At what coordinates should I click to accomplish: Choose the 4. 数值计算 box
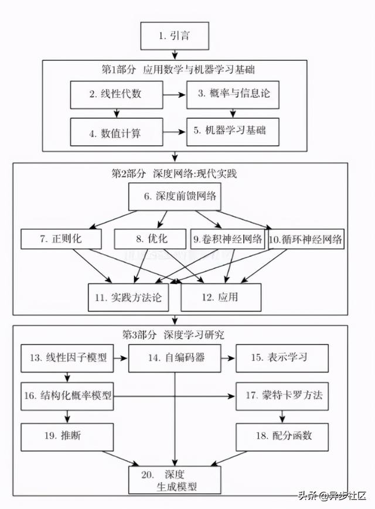coord(116,132)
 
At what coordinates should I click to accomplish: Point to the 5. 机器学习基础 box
coord(234,131)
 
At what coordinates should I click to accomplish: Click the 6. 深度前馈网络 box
coord(175,197)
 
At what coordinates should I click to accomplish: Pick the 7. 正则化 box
coord(61,239)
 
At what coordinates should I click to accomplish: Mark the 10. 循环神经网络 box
coord(305,239)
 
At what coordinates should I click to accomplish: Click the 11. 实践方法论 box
coord(128,297)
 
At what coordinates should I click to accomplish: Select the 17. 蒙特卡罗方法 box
coord(283,395)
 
